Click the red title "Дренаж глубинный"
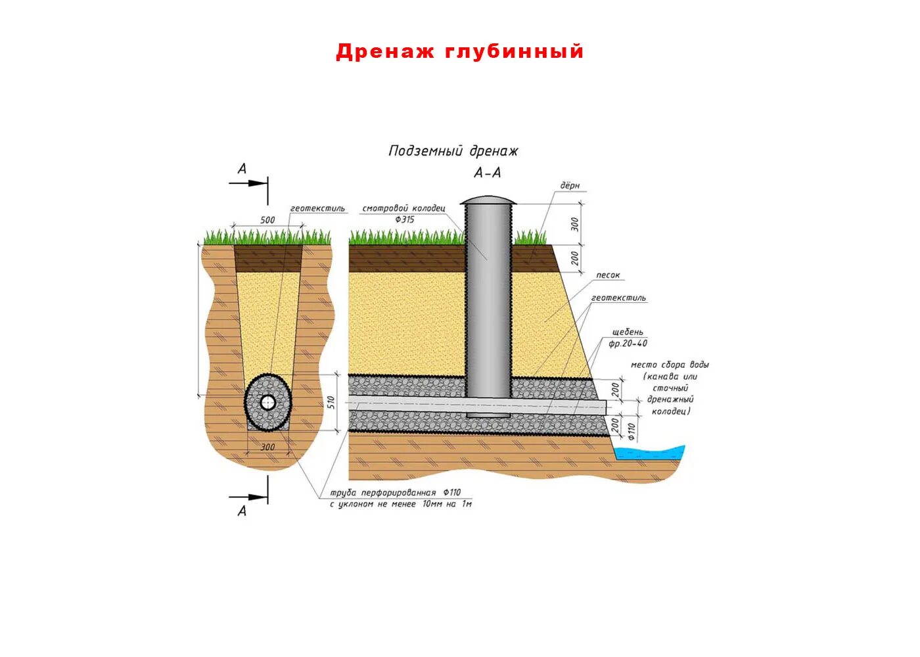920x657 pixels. [459, 51]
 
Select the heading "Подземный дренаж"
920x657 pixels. [453, 151]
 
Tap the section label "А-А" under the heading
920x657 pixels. [487, 173]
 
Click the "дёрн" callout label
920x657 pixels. [570, 186]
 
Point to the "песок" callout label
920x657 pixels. [608, 275]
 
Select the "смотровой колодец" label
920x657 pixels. [403, 208]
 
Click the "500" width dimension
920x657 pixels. [267, 220]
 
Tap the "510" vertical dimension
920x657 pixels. [332, 402]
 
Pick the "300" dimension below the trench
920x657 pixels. [267, 447]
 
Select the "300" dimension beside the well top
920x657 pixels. [576, 224]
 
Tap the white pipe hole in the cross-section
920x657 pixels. [267, 403]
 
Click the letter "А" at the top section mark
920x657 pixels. [242, 169]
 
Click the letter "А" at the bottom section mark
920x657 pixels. [242, 510]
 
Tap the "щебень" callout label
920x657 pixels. [627, 332]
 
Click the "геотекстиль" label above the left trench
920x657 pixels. [317, 208]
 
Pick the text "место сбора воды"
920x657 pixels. [670, 365]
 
